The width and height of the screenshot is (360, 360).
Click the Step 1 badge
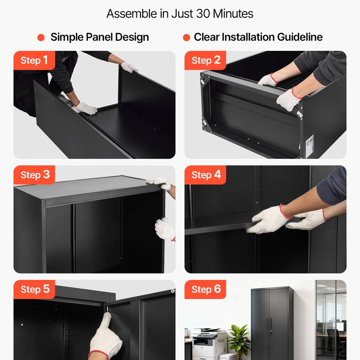pyautogui.click(x=34, y=60)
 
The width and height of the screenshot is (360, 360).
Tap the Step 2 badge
pyautogui.click(x=205, y=60)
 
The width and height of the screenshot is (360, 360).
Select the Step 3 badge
pyautogui.click(x=34, y=175)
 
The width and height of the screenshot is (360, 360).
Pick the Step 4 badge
pyautogui.click(x=205, y=175)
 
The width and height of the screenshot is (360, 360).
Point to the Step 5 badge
pyautogui.click(x=34, y=289)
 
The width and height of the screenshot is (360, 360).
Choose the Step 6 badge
pyautogui.click(x=205, y=289)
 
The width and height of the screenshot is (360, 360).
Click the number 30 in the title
pyautogui.click(x=203, y=14)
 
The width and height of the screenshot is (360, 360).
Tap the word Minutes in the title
pyautogui.click(x=233, y=14)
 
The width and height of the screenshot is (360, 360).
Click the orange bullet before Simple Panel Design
pyautogui.click(x=41, y=37)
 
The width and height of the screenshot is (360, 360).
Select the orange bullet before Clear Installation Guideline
pyautogui.click(x=186, y=37)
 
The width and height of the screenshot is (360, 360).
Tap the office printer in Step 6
pyautogui.click(x=209, y=343)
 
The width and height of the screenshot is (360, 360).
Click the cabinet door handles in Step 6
pyautogui.click(x=270, y=323)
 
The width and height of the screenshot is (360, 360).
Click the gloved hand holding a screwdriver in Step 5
pyautogui.click(x=105, y=337)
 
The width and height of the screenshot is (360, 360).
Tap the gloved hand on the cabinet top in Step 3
pyautogui.click(x=160, y=183)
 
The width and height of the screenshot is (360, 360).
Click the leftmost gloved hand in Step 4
pyautogui.click(x=269, y=219)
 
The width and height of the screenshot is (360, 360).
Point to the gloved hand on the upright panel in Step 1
pyautogui.click(x=129, y=67)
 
